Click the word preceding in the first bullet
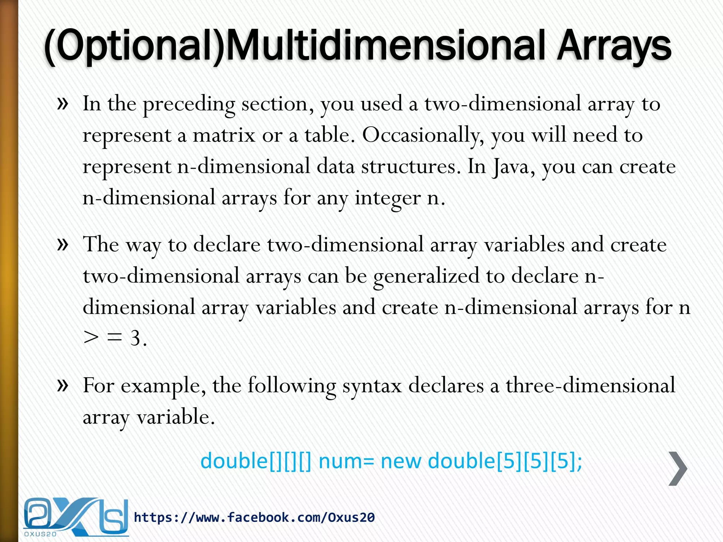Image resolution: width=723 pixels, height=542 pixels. [x=189, y=104]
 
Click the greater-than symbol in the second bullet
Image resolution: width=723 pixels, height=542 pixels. [x=91, y=338]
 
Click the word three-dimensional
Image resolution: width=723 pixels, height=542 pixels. [x=590, y=385]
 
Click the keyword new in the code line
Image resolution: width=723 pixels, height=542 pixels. [x=401, y=461]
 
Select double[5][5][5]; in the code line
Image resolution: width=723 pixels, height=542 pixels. [x=505, y=461]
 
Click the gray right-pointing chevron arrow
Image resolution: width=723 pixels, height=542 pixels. [x=678, y=469]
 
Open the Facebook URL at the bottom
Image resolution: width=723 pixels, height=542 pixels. [x=254, y=518]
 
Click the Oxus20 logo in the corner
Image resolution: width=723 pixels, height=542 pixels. [x=76, y=517]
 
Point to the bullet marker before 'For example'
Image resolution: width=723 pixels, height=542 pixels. [x=62, y=385]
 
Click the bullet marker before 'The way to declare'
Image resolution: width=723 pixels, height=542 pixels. [x=62, y=244]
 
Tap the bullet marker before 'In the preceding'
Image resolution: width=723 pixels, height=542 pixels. [x=62, y=104]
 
